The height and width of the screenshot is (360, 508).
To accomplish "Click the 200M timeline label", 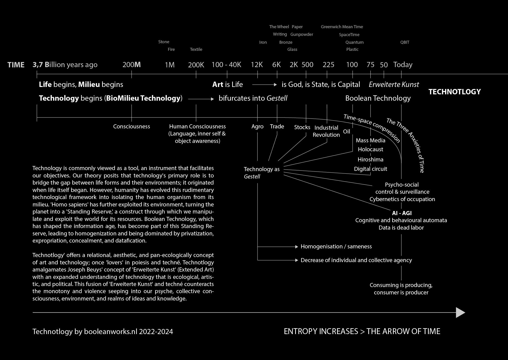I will coord(132,65).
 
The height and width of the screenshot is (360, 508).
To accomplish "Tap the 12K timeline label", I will coord(257,65).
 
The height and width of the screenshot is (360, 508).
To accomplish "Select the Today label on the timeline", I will coord(403,65).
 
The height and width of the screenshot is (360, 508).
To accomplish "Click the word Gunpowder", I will coord(301,34).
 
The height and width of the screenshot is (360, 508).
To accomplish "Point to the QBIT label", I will coord(405,42).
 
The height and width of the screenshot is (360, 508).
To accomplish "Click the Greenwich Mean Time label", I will coord(342,27).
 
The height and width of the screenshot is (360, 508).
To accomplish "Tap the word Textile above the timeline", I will coord(196,49).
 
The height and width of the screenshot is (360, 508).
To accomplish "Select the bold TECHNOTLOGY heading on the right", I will coord(454,92).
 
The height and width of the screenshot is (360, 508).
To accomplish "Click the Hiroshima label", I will coord(370,159).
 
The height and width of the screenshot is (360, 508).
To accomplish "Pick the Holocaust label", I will coord(370,149).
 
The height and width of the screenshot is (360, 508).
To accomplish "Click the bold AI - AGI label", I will coord(402,213).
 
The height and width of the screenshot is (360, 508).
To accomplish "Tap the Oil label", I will coord(346,131).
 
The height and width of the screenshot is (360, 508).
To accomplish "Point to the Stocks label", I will coord(302,127).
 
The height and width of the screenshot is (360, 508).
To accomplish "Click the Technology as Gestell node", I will coord(261,172).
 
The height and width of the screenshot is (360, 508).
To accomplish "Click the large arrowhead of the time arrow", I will coord(460,312).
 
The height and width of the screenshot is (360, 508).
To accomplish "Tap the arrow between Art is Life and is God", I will coord(264,85).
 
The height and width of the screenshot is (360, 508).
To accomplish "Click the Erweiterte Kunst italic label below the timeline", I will coord(394,84).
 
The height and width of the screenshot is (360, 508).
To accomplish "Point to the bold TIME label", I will coord(16,65).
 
